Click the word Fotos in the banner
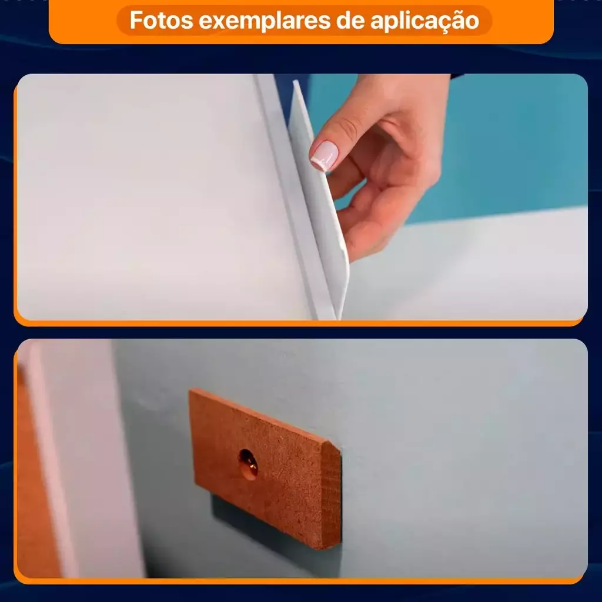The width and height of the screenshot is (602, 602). pyautogui.click(x=161, y=20)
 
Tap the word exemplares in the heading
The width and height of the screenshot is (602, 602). pyautogui.click(x=265, y=21)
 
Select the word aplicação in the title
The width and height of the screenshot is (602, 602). pyautogui.click(x=424, y=21)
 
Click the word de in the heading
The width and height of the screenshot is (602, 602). pyautogui.click(x=350, y=20)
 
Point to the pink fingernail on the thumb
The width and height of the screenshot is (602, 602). pyautogui.click(x=324, y=155)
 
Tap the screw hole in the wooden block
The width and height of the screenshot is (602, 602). pyautogui.click(x=248, y=464)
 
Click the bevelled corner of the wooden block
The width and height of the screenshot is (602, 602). pyautogui.click(x=333, y=447)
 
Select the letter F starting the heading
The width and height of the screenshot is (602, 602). pyautogui.click(x=136, y=20)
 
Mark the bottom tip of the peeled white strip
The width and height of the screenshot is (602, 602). pyautogui.click(x=339, y=319)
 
